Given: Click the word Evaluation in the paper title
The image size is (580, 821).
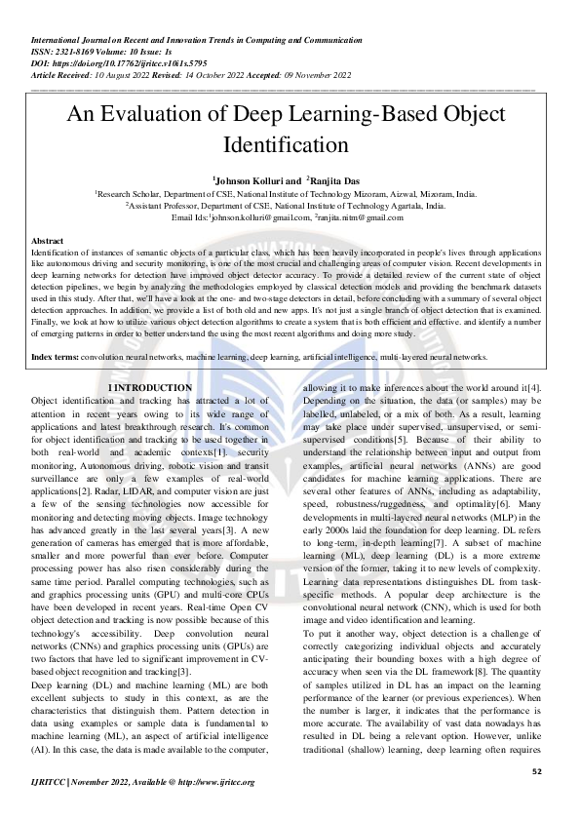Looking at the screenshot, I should tap(151, 115).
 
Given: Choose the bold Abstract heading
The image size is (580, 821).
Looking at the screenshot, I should tap(48, 240).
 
